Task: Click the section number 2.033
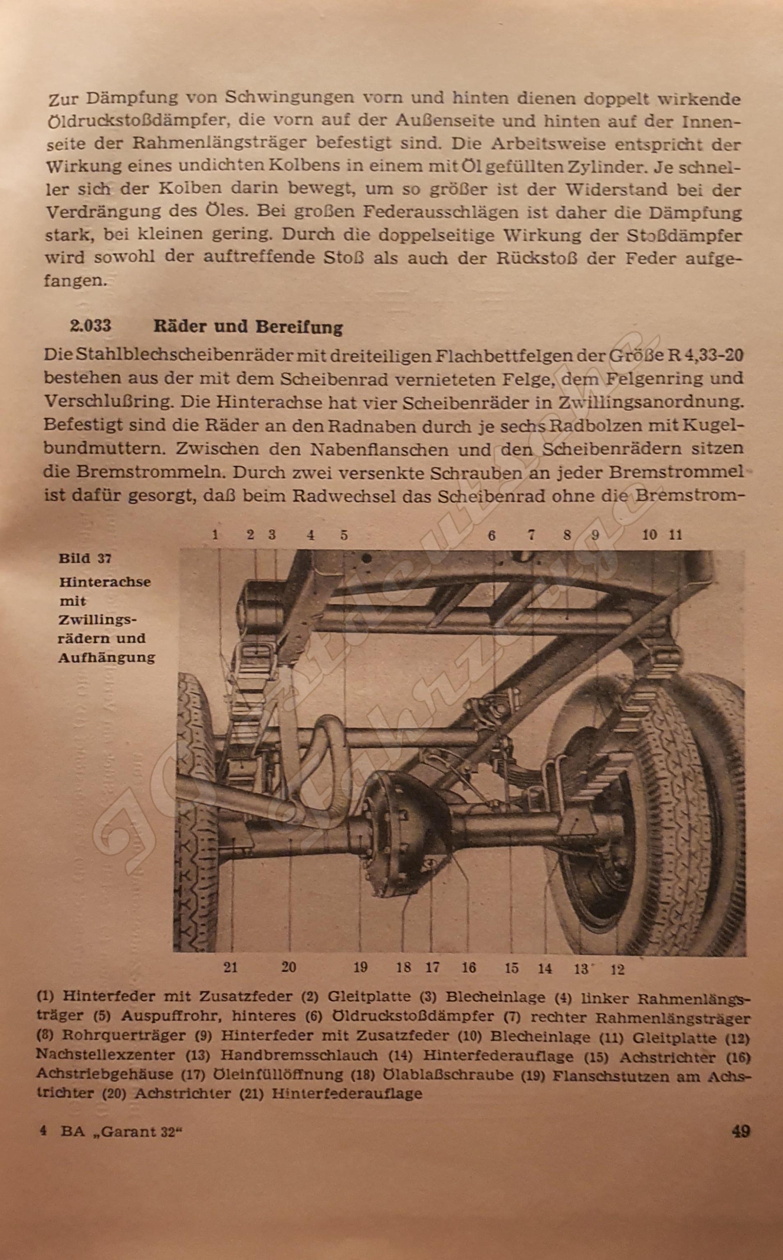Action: click(x=90, y=326)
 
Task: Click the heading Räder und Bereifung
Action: click(x=248, y=327)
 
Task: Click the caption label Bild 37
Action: click(x=85, y=558)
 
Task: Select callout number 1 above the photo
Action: click(x=215, y=535)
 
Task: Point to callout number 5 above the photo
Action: click(x=344, y=535)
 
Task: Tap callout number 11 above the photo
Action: click(x=675, y=535)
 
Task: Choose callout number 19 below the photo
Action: click(x=360, y=967)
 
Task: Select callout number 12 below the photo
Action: click(x=617, y=969)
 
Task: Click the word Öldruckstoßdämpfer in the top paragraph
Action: click(x=132, y=122)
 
